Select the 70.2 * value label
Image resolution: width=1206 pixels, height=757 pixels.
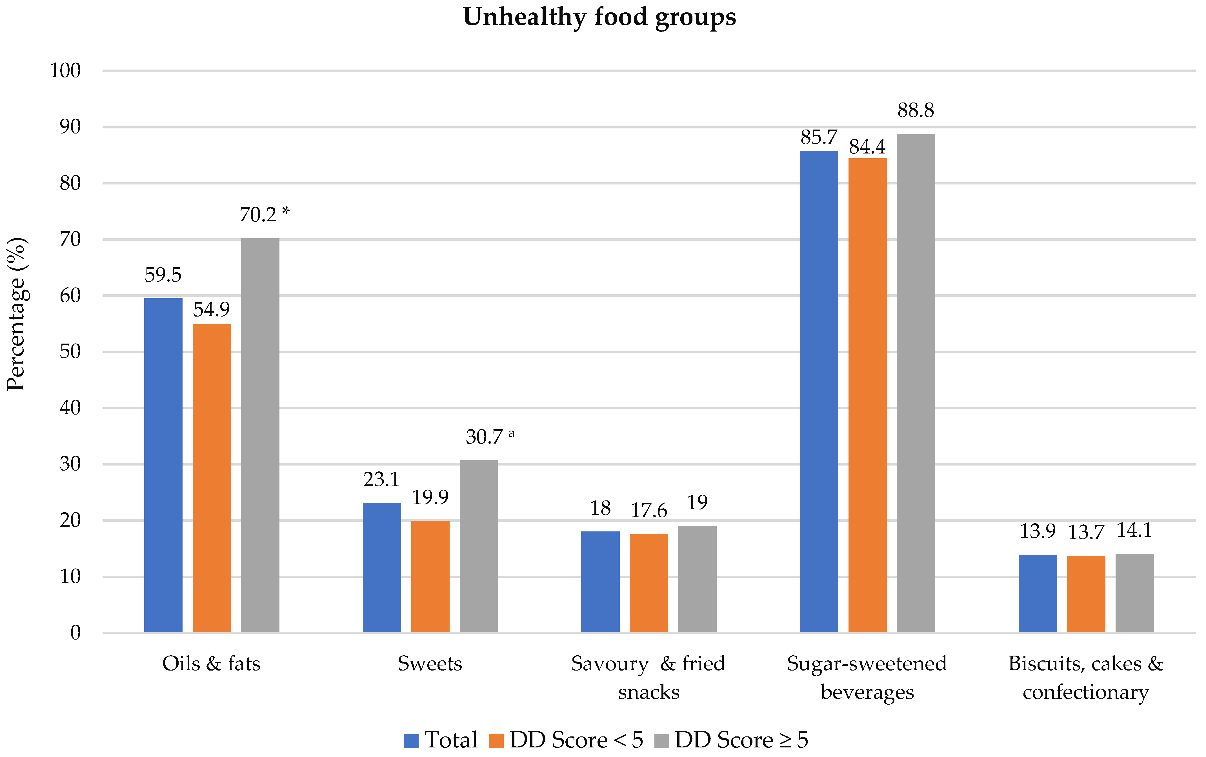click(x=264, y=215)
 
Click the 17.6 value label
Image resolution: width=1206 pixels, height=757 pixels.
click(x=648, y=511)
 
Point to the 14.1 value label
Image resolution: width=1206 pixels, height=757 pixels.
click(x=1134, y=531)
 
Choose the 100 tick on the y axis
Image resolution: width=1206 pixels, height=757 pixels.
click(x=65, y=71)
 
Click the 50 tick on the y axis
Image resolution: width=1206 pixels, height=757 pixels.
click(x=70, y=352)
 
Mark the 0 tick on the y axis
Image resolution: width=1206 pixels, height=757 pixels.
click(x=75, y=633)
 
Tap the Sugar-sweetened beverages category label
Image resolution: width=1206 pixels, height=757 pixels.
click(x=867, y=677)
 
